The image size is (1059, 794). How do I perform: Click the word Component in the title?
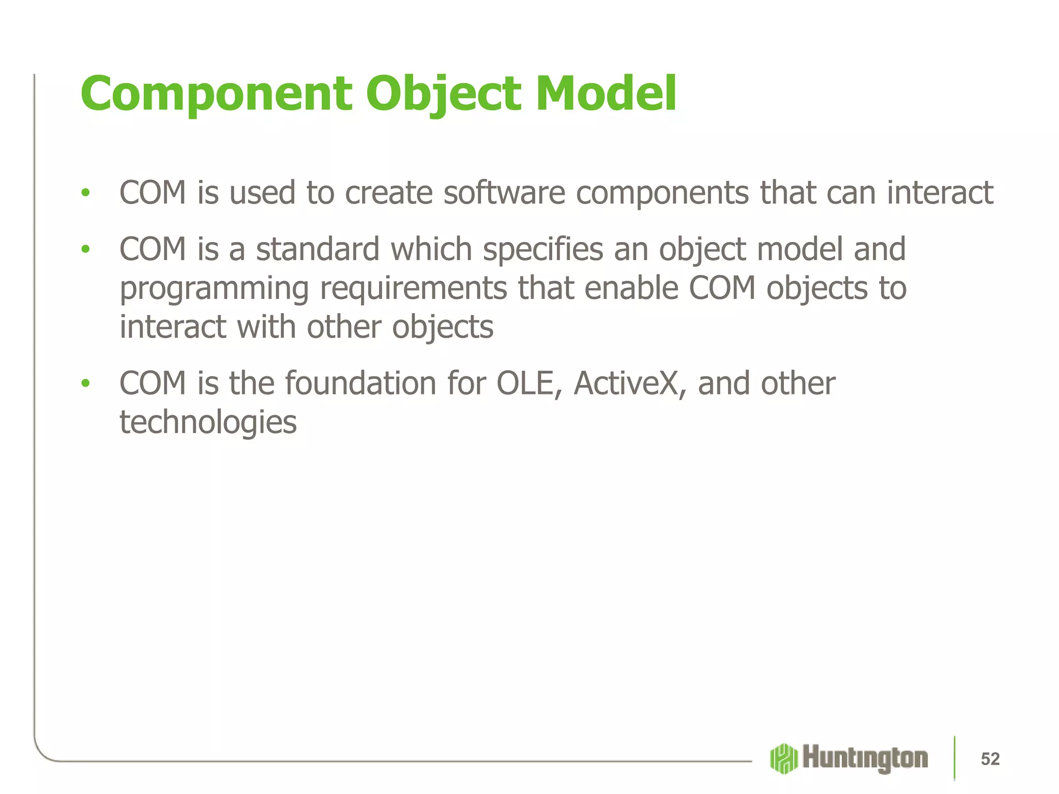216,95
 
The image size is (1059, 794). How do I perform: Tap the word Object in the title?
444,95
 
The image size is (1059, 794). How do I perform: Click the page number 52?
990,759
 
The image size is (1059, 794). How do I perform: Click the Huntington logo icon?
784,758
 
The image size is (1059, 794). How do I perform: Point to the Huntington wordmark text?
865,758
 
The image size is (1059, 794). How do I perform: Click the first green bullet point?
85,193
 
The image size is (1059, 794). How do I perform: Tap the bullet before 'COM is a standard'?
85,250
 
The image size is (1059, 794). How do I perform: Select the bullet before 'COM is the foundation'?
85,384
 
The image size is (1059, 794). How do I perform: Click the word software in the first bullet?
504,193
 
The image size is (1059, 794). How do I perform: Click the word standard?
318,249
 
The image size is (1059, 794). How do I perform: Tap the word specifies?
543,250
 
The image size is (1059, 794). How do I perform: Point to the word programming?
214,289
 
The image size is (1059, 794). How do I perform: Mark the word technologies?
208,423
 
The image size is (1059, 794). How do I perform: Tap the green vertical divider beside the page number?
955,758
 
